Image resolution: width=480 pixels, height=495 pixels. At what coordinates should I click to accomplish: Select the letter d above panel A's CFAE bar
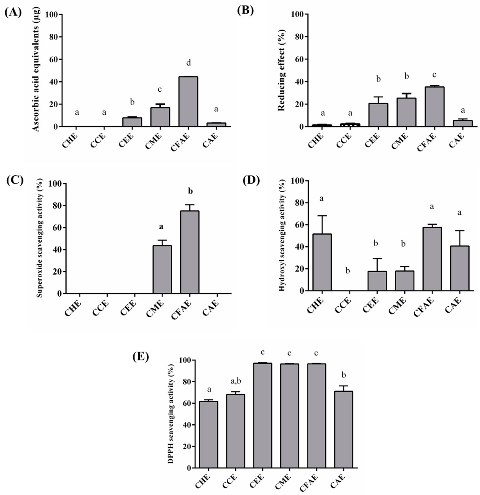pyautogui.click(x=188, y=63)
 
